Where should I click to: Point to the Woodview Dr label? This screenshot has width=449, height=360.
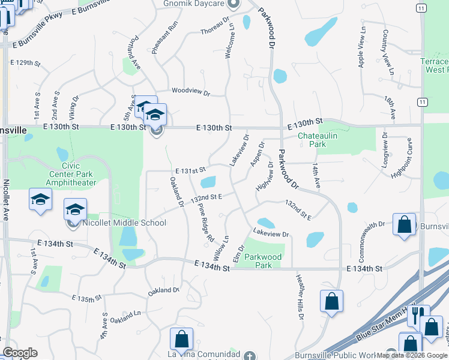[x=190, y=92]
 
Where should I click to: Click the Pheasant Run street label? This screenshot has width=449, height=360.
[x=157, y=38]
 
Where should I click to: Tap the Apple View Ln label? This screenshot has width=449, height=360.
[x=361, y=47]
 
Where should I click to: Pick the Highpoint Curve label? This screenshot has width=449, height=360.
[x=410, y=157]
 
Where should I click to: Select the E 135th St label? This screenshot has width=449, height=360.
[x=86, y=298]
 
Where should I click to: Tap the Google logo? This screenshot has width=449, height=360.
[x=19, y=353]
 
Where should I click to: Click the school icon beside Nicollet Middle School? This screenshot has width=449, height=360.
[x=75, y=210]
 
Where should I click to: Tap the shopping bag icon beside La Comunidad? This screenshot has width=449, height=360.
[x=181, y=339]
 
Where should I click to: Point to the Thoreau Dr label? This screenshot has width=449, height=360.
[x=215, y=26]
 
